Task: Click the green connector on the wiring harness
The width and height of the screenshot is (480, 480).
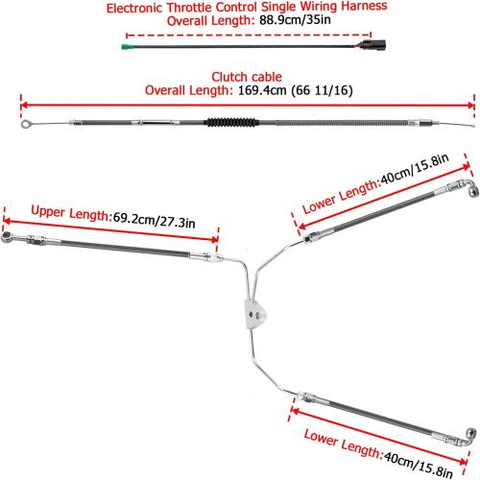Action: (127, 47)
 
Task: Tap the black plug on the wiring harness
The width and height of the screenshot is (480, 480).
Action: (373, 45)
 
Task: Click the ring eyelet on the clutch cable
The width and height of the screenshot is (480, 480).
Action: (26, 124)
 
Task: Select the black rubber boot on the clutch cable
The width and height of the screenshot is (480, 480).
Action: (231, 122)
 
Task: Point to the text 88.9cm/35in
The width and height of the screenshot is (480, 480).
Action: (295, 20)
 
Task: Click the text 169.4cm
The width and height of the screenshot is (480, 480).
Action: (262, 90)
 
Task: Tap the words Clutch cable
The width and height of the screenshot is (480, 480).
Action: (247, 77)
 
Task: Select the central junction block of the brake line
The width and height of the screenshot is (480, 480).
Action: (255, 314)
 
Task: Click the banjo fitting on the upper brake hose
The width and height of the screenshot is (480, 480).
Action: (7, 237)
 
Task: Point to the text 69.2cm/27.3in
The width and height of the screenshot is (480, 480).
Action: (154, 220)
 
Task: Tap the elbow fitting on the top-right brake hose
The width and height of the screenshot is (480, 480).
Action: (471, 188)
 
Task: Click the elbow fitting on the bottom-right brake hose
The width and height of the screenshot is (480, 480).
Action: (469, 437)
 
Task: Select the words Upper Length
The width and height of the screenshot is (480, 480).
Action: (70, 212)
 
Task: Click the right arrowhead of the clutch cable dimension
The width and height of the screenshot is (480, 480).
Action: (470, 106)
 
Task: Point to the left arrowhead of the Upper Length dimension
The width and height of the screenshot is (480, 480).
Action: (7, 221)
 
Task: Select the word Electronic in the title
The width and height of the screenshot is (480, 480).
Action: (134, 8)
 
